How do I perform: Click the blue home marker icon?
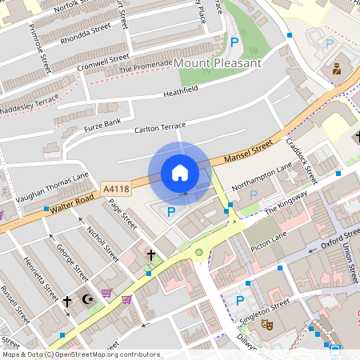tap(180, 172)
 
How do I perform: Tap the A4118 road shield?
tap(117, 190)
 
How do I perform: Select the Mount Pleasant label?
tap(218, 62)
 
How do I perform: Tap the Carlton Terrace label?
tap(160, 127)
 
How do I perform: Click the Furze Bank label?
tap(102, 125)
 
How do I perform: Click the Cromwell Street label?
tap(103, 62)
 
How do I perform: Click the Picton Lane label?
tap(268, 238)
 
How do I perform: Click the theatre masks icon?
tap(268, 325)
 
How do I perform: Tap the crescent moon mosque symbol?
tap(87, 300)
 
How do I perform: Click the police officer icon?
tap(337, 69)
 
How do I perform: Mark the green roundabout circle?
tap(198, 253)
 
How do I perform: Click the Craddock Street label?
tap(302, 160)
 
